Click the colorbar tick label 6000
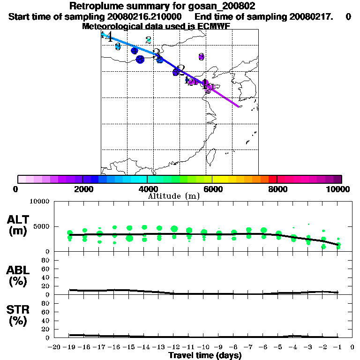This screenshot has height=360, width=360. (212, 189)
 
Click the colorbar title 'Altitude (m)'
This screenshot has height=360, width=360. (174, 196)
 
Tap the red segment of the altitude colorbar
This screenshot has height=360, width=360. (272, 179)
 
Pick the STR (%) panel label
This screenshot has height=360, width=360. (19, 316)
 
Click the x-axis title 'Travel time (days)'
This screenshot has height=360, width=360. (205, 355)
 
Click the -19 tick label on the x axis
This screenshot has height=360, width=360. (70, 347)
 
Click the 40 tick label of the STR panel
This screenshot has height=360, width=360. (45, 320)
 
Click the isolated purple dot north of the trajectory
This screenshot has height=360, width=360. (201, 57)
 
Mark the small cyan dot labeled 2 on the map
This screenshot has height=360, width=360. (148, 40)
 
